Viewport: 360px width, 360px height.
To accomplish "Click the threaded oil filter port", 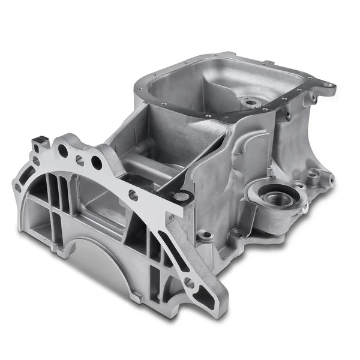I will (277, 199).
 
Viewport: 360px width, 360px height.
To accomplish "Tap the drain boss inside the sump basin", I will (251, 103).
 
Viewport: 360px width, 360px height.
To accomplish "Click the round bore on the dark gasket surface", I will (181, 196).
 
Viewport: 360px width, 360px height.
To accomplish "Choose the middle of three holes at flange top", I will (80, 160).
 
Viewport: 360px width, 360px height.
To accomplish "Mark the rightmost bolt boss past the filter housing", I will (313, 176).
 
